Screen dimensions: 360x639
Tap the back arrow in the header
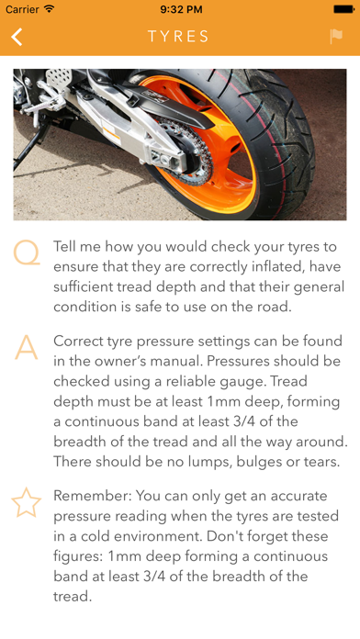pyautogui.click(x=17, y=37)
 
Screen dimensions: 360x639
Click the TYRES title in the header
pyautogui.click(x=178, y=37)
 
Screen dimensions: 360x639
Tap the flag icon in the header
pyautogui.click(x=336, y=37)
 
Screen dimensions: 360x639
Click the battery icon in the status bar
pyautogui.click(x=343, y=9)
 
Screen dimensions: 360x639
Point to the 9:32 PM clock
pyautogui.click(x=181, y=9)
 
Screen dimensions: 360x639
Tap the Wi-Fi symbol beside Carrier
pyautogui.click(x=50, y=8)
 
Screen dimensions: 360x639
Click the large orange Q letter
pyautogui.click(x=27, y=253)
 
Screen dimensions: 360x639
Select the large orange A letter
pyautogui.click(x=26, y=347)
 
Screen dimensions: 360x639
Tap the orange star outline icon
pyautogui.click(x=26, y=502)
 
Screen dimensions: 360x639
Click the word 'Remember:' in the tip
pyautogui.click(x=91, y=496)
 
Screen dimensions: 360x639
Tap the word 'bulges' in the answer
pyautogui.click(x=258, y=462)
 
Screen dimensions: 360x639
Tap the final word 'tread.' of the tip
pyautogui.click(x=73, y=597)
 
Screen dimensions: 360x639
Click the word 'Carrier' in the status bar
pyautogui.click(x=22, y=9)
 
